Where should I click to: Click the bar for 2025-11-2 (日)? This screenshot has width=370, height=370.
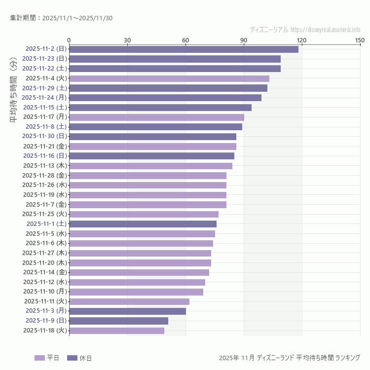tap(184, 49)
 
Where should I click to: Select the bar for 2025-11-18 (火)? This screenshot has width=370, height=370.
tap(116, 331)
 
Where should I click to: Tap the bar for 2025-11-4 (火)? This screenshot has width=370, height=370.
tap(169, 78)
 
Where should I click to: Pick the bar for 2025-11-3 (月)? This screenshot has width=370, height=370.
tap(127, 311)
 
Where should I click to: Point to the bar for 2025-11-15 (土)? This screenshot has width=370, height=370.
tap(160, 107)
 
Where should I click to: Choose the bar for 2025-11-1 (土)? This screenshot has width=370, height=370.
tap(143, 224)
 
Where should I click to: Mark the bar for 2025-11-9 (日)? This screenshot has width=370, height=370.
tap(118, 321)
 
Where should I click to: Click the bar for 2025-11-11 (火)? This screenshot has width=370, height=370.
tap(129, 301)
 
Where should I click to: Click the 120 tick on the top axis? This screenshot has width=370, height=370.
tap(301, 40)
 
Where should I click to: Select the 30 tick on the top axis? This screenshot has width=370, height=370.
tap(127, 40)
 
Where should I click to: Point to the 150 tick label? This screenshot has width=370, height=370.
tap(360, 40)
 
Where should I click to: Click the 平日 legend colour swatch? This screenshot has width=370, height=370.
tap(39, 358)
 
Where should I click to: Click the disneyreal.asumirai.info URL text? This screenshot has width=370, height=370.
tap(325, 29)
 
